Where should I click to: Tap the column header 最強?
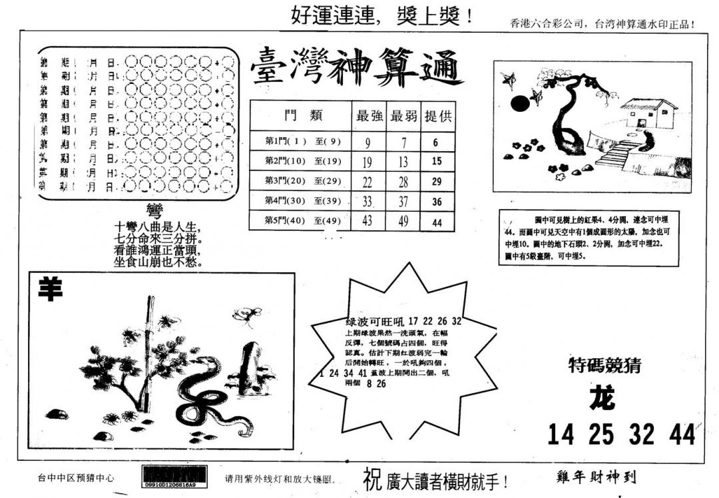(x=369, y=116)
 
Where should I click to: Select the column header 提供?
(x=437, y=116)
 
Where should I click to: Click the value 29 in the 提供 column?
(x=437, y=181)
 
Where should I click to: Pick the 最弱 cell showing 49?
(x=403, y=222)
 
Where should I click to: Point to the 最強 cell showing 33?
(x=367, y=202)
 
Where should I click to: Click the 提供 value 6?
(x=435, y=142)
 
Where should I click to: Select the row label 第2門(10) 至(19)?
(x=295, y=161)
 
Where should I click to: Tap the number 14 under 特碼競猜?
(x=561, y=434)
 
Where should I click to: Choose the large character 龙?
(x=602, y=398)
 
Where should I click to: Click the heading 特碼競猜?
(x=605, y=364)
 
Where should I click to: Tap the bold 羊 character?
(x=48, y=289)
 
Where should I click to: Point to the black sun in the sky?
(x=519, y=103)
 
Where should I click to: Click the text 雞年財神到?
(x=595, y=477)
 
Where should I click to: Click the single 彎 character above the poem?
(x=154, y=212)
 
